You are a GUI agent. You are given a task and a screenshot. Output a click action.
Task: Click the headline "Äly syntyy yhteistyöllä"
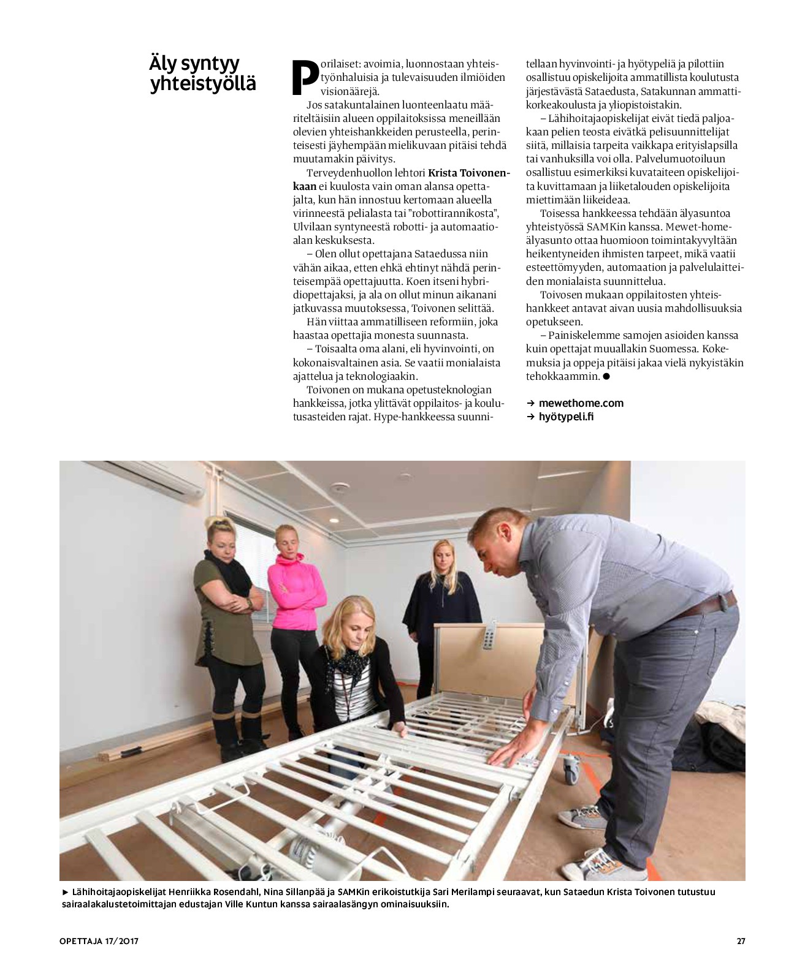[x=202, y=74]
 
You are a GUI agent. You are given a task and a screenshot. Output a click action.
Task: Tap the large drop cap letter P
[x=305, y=78]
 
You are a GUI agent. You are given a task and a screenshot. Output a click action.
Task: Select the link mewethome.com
[x=581, y=403]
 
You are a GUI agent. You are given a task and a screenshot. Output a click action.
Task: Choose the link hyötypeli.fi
[x=566, y=417]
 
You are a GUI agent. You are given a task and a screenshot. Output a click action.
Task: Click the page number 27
[x=741, y=941]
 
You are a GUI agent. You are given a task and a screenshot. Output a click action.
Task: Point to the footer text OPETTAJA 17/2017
[x=99, y=941]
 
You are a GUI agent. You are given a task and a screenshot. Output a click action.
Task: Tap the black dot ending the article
[x=606, y=376]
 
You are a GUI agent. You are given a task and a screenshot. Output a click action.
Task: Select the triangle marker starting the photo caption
[x=66, y=893]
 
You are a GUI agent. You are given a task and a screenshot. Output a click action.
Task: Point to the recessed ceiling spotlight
[x=333, y=520]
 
